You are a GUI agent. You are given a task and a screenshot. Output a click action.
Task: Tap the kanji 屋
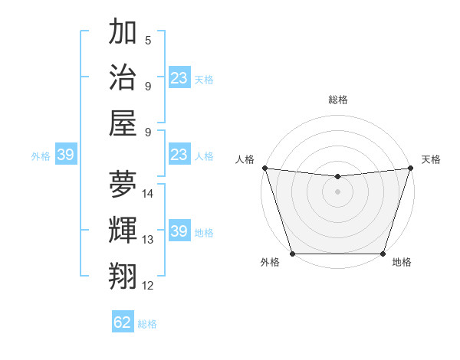coord(123,123)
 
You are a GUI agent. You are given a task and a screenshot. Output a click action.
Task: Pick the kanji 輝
coord(123,230)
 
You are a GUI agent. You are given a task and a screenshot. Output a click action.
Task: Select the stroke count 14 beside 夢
coord(148,194)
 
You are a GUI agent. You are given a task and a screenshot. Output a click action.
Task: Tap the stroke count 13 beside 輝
coord(148,240)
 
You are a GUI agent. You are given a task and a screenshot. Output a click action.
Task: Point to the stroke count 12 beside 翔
coord(148,286)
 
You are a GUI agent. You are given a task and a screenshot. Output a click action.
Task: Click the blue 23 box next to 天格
coord(179,78)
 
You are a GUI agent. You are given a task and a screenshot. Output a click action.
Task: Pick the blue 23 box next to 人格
coord(179,155)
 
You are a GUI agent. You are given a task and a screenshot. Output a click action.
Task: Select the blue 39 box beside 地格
coord(179,231)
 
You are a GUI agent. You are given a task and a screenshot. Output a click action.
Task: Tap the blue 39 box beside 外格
coord(65,155)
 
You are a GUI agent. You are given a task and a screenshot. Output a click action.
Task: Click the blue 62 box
coord(123,322)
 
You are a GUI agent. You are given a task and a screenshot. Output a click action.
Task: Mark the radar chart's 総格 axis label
coord(337,100)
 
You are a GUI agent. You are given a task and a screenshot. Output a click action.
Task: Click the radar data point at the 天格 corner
coord(410,168)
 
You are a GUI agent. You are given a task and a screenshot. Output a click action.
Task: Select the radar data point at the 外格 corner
coord(293,254)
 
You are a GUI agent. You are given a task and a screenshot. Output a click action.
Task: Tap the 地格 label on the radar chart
coord(402,263)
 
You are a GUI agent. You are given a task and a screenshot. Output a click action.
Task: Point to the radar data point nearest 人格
coord(264,168)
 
